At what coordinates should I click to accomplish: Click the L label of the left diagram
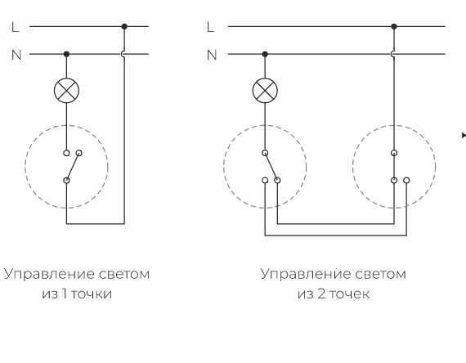pos(16,27)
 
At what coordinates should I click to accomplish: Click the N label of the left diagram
pos(16,55)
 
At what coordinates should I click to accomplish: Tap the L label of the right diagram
pos(210,27)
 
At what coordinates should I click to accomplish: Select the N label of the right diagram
pos(212,55)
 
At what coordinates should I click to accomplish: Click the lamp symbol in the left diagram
pos(66,91)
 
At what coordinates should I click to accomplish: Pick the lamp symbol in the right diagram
pos(265,91)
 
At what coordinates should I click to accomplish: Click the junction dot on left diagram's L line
pos(124,26)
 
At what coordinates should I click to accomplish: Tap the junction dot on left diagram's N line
pos(66,54)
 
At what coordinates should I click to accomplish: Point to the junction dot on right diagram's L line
pos(394,26)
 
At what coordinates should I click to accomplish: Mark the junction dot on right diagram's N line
pos(265,54)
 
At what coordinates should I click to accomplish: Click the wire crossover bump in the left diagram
pos(122,54)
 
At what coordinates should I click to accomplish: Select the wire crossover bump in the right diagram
pos(392,54)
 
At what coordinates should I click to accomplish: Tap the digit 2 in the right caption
pos(321,294)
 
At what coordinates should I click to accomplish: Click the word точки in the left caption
pos(92,294)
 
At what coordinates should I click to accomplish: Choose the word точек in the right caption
pos(350,294)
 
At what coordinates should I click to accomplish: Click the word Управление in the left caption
pos(49,274)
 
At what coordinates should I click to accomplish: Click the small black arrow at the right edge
pos(464,135)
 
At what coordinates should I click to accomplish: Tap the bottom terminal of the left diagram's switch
pos(66,181)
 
